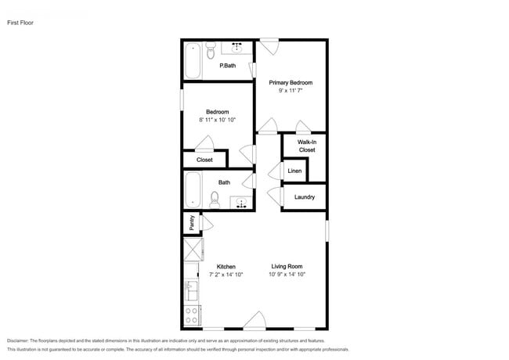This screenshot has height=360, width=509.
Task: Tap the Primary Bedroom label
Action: (x=291, y=82)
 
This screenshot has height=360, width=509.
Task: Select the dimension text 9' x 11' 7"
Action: (x=291, y=91)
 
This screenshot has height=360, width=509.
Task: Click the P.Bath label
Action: (x=228, y=66)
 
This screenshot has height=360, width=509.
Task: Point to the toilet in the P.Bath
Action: (x=210, y=52)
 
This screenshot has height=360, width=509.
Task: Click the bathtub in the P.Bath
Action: (x=192, y=60)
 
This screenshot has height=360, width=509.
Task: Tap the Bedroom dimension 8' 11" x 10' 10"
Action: (x=217, y=120)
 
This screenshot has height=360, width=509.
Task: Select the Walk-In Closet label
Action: (x=306, y=146)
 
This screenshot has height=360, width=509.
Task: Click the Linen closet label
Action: (x=294, y=171)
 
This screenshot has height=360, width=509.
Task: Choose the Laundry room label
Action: (x=305, y=197)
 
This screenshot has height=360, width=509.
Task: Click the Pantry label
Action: (x=191, y=223)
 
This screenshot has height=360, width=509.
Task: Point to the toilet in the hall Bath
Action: (x=215, y=200)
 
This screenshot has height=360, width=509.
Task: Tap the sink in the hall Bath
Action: (x=243, y=203)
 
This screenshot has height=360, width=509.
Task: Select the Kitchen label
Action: (x=226, y=266)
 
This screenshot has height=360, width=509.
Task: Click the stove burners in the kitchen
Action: (x=190, y=315)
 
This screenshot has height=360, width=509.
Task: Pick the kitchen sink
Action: (x=190, y=291)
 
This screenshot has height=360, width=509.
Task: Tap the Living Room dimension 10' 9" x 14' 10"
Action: (x=287, y=275)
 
